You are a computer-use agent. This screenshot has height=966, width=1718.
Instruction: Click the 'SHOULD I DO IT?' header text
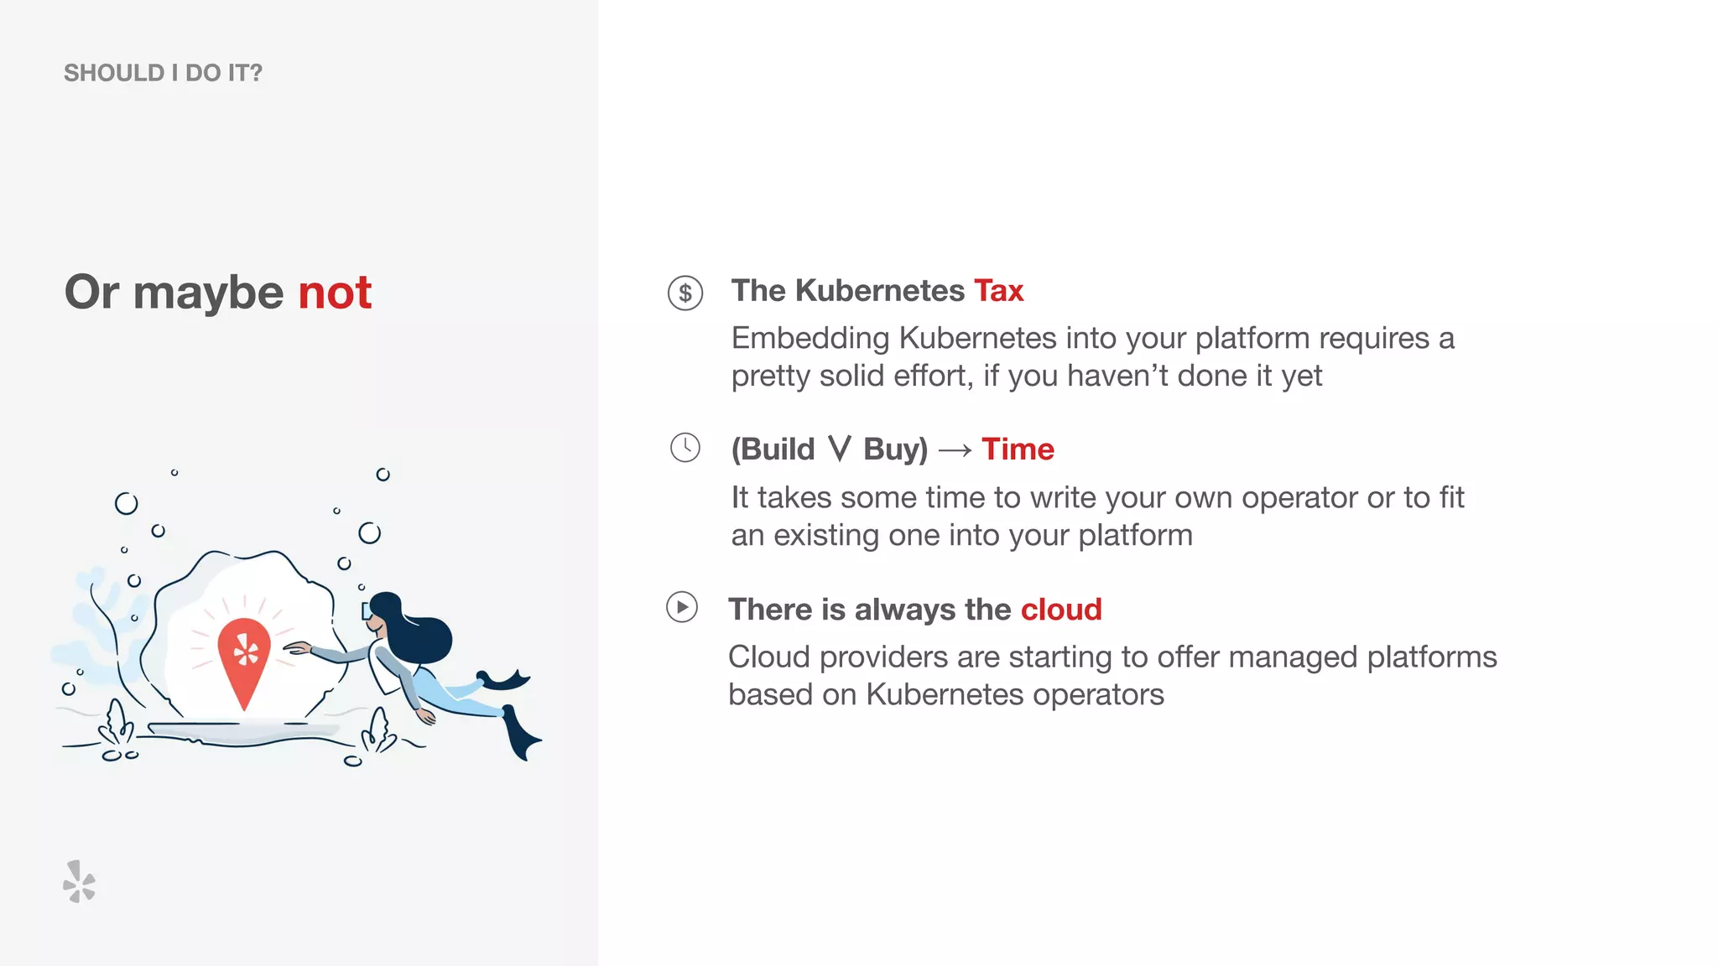click(163, 73)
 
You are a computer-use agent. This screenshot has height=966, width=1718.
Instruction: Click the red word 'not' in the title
click(335, 293)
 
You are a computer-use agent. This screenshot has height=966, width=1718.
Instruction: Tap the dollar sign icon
click(685, 293)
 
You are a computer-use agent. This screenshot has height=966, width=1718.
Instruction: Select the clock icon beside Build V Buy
click(685, 448)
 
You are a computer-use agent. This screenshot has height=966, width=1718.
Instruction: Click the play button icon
click(682, 607)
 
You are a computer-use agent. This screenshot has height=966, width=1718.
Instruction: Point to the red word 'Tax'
click(998, 291)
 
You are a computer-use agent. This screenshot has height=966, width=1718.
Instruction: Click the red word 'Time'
click(1018, 449)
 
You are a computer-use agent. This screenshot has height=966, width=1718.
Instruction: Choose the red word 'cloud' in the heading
click(1061, 610)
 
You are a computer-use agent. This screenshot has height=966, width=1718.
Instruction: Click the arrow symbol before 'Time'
click(955, 451)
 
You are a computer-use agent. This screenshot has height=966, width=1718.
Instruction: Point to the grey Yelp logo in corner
click(80, 881)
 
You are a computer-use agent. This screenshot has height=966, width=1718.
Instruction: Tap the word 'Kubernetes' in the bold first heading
click(879, 291)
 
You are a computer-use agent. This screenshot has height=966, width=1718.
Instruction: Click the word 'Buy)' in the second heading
click(895, 449)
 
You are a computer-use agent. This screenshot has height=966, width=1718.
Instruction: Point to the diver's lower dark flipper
click(523, 735)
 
